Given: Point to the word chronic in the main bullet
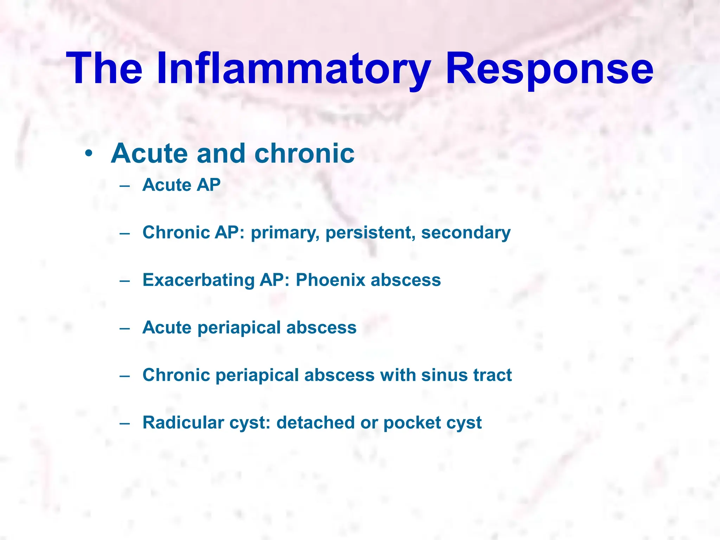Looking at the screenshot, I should [x=304, y=154].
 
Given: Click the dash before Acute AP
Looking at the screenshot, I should [x=124, y=185].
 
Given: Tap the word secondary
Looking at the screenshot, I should [x=466, y=233].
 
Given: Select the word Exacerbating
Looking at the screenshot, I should [x=198, y=280].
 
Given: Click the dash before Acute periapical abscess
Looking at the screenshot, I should [x=124, y=328].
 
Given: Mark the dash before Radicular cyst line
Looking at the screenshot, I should [x=124, y=423].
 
